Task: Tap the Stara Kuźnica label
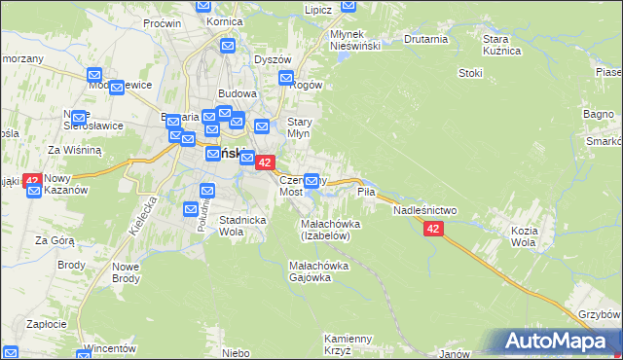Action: (x=503, y=45)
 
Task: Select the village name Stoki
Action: (x=471, y=73)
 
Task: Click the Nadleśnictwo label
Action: (x=424, y=210)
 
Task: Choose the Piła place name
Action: (x=366, y=193)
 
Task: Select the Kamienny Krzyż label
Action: (x=348, y=344)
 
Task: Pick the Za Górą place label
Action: (x=55, y=239)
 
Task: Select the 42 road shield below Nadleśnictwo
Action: (x=433, y=229)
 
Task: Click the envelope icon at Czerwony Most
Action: (x=312, y=180)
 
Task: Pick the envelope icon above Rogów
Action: (x=285, y=77)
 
